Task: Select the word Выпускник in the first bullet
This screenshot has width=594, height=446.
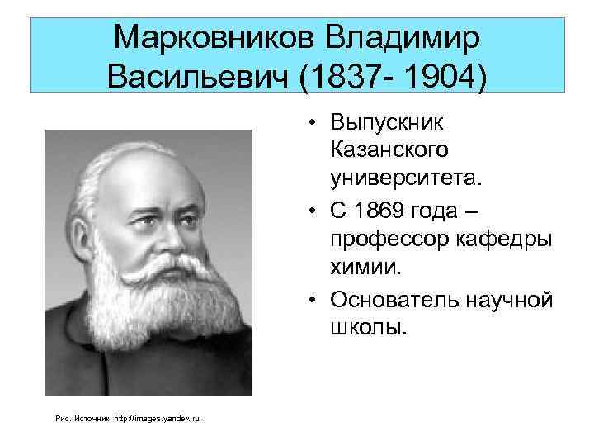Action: click(x=386, y=123)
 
